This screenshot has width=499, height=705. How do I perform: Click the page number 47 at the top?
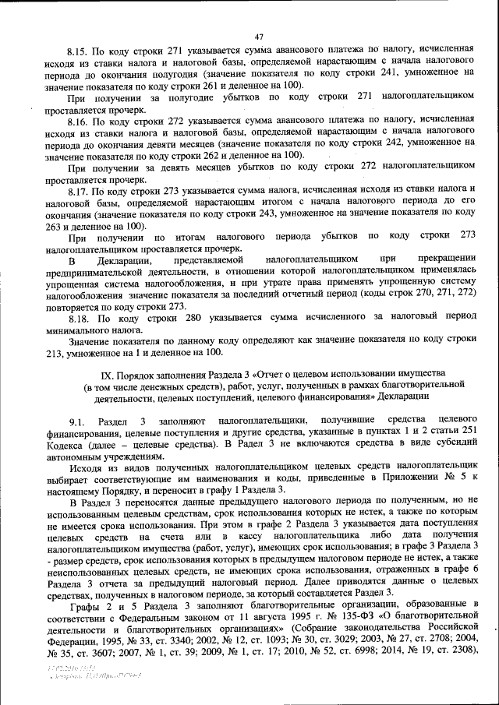click(x=260, y=34)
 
